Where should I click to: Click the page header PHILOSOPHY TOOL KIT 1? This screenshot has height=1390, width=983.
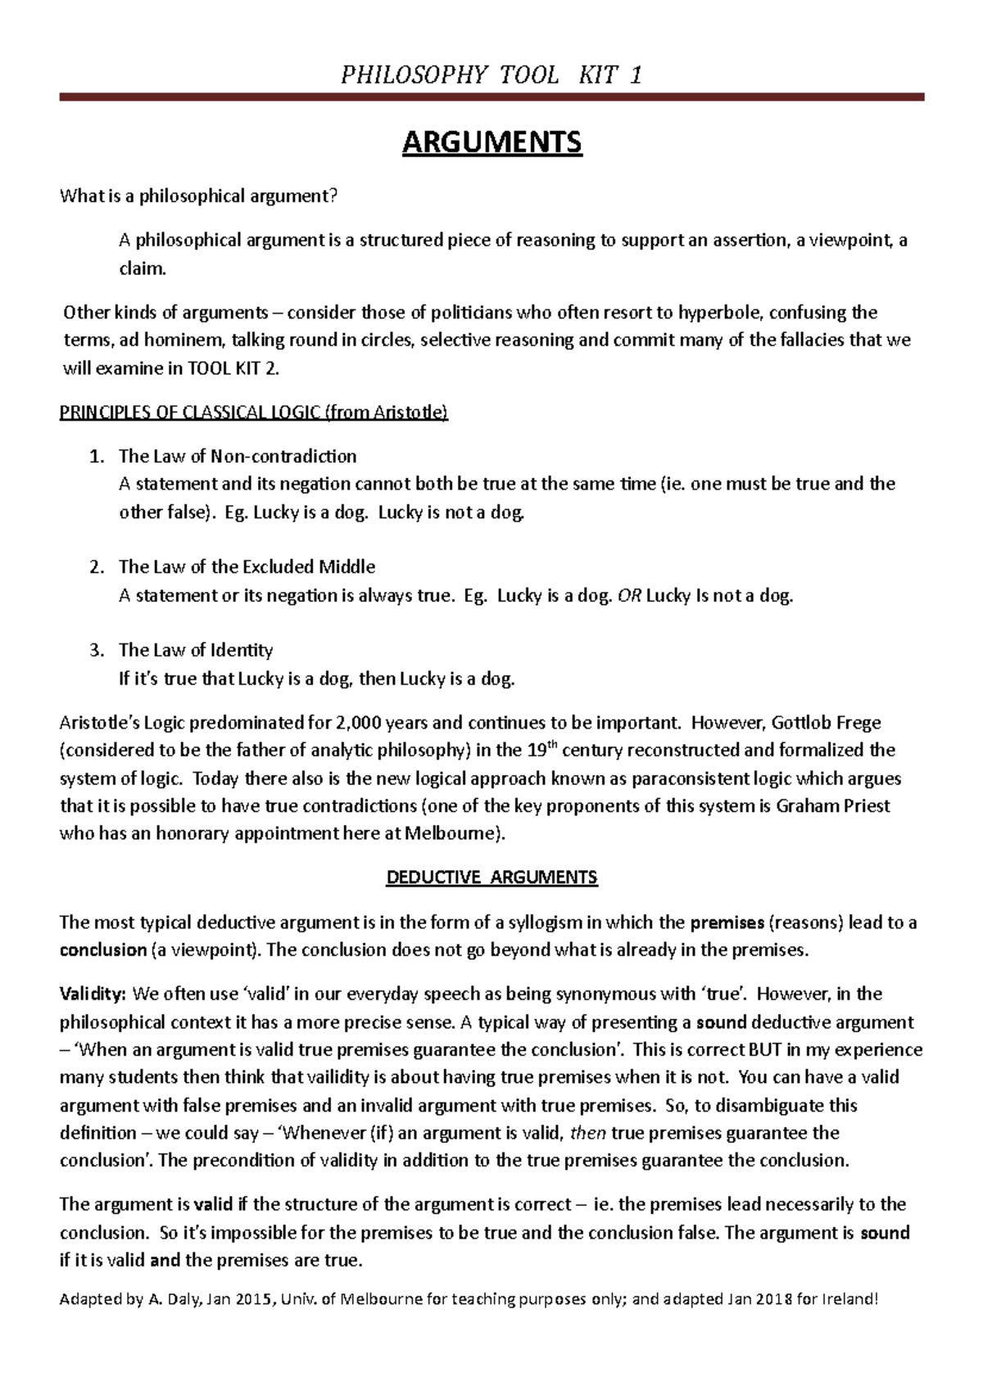tap(491, 75)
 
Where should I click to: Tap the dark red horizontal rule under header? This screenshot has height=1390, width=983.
tap(491, 97)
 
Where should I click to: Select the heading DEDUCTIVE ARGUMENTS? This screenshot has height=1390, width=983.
tap(491, 878)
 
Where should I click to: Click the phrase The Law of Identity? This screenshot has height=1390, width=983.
tap(196, 650)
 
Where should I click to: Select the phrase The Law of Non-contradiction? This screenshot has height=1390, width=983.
tap(238, 456)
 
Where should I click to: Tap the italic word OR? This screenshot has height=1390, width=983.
tap(629, 595)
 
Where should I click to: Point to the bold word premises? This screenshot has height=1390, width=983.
tap(727, 923)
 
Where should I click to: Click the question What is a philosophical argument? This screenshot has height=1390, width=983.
tap(198, 196)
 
